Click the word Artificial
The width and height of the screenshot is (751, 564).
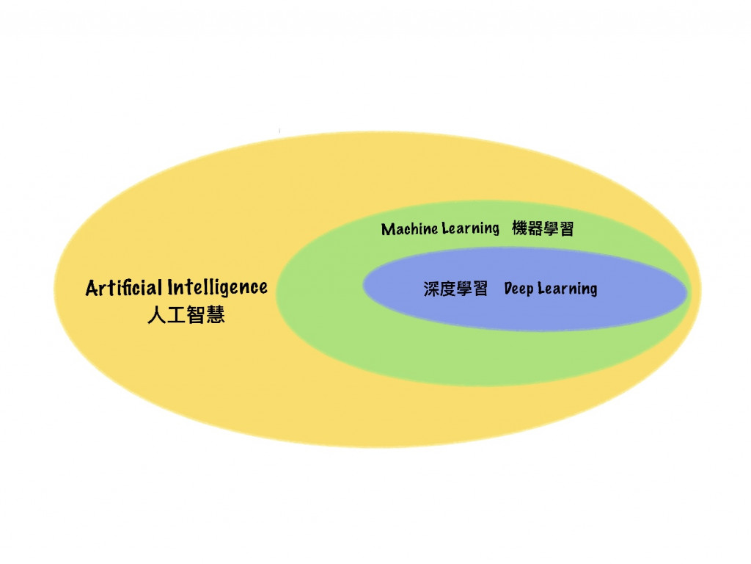pos(124,287)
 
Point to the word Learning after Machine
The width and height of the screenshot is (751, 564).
pos(470,229)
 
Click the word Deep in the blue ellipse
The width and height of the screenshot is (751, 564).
pos(519,289)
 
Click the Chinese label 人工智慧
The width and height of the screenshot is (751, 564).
pos(186,316)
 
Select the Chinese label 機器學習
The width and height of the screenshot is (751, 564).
pos(543,229)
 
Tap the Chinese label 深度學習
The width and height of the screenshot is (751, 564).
pos(455,289)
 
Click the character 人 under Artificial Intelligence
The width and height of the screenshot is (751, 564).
pos(155,316)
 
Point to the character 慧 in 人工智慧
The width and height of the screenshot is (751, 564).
pos(216,316)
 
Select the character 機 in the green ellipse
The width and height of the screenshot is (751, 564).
pos(520,229)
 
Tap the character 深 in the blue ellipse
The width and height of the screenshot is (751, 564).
pos(431,289)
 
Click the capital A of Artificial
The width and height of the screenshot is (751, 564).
pos(92,288)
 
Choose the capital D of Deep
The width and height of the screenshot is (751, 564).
pos(509,289)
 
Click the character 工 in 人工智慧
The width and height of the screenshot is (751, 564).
pos(176,316)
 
